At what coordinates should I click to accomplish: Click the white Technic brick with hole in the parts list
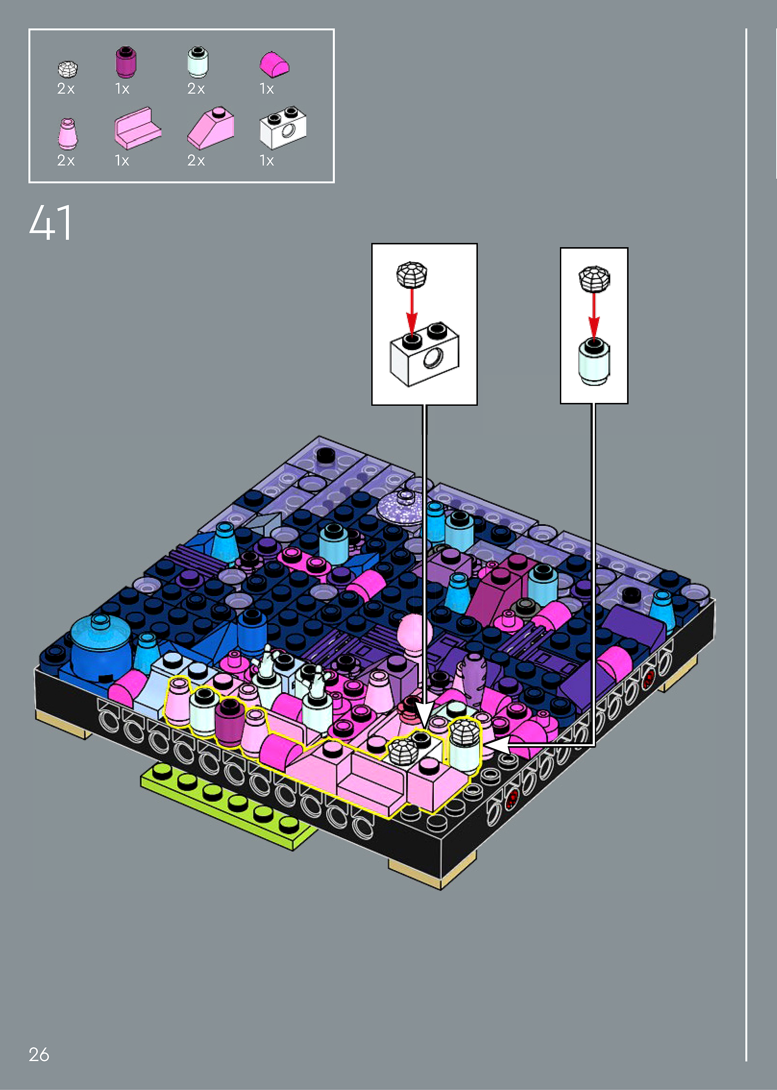283,127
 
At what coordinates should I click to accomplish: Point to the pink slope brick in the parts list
210,128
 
